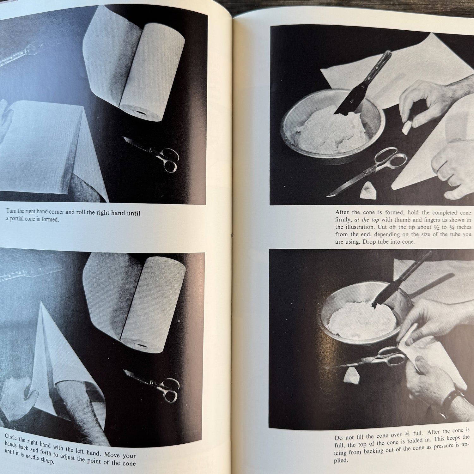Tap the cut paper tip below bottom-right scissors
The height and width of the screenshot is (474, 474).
click(352, 375)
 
